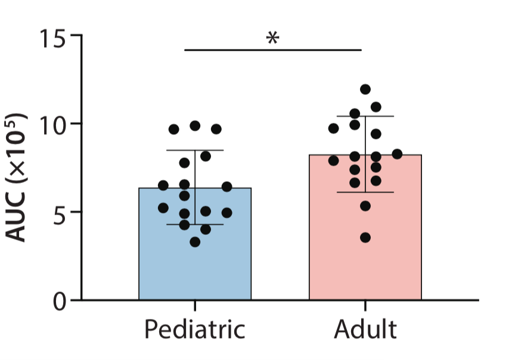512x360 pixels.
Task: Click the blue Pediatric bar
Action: (195, 262)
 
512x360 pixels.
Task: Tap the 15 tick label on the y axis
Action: (53, 37)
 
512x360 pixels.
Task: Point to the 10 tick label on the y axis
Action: (53, 125)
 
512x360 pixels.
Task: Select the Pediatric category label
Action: (195, 330)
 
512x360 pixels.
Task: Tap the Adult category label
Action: (365, 330)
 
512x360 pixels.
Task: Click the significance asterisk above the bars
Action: (272, 38)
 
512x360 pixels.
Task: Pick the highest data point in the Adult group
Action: (365, 89)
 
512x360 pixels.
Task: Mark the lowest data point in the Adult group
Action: (365, 238)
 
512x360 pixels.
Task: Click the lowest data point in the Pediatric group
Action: (195, 241)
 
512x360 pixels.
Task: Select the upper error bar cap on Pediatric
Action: (195, 150)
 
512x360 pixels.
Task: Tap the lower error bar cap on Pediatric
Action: (195, 225)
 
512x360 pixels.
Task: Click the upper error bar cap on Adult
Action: (365, 116)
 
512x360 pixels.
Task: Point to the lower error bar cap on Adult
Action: (365, 193)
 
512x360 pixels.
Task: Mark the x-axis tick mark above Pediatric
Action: (195, 305)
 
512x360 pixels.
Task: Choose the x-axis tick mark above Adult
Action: (365, 305)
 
